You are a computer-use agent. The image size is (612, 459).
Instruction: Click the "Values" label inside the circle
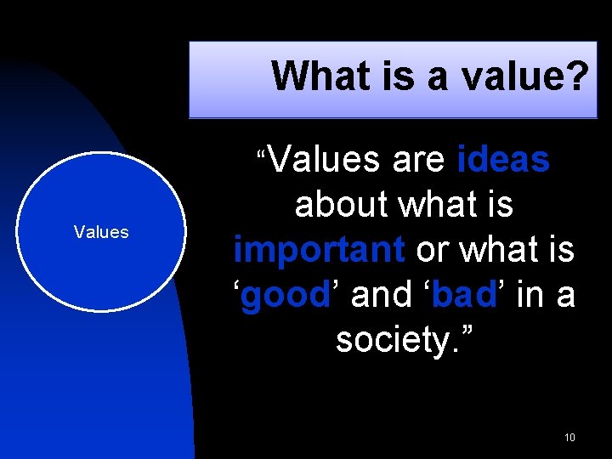click(x=101, y=232)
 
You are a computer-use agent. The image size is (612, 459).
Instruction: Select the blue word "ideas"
click(x=503, y=160)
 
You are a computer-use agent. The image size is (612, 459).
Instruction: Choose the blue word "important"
click(x=320, y=250)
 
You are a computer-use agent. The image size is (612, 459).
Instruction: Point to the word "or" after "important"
click(x=432, y=250)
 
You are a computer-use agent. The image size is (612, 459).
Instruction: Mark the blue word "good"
click(x=286, y=295)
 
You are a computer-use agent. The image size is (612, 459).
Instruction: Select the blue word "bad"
click(x=464, y=295)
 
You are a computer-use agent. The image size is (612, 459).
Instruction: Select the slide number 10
click(x=569, y=438)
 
